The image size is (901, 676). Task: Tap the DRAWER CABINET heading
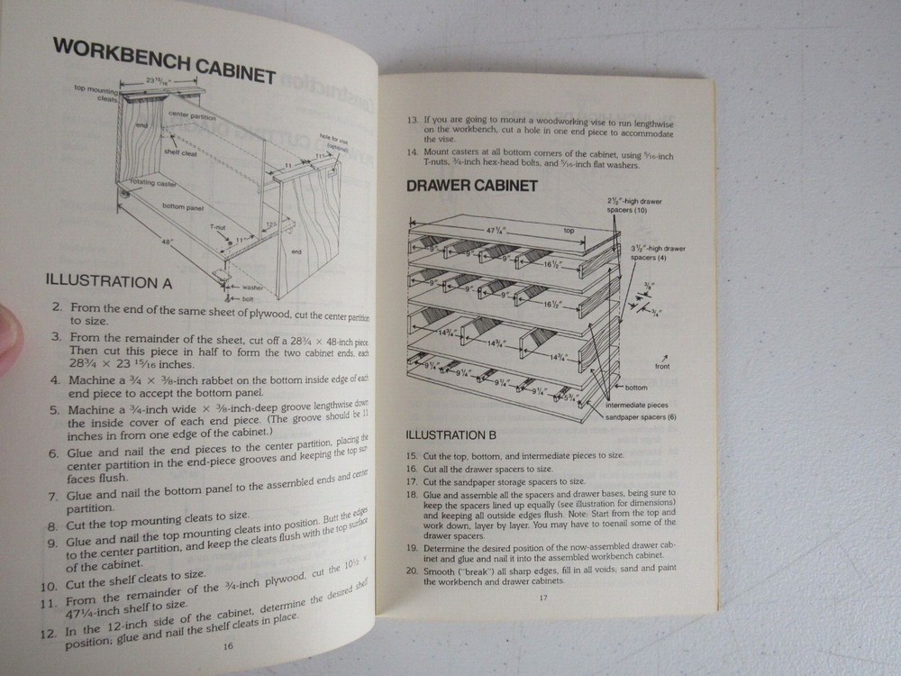click(x=472, y=187)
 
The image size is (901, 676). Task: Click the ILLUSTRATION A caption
click(x=109, y=280)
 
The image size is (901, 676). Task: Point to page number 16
click(x=228, y=645)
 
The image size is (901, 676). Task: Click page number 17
click(x=543, y=598)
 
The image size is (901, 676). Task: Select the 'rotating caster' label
click(x=154, y=183)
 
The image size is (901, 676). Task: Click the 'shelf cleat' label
click(x=181, y=153)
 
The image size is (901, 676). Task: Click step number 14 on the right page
click(x=413, y=153)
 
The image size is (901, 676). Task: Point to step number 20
click(x=411, y=571)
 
